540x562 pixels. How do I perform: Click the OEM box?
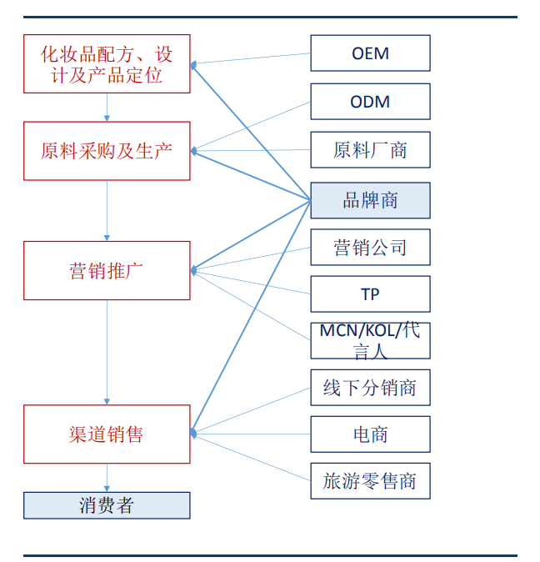[x=370, y=53]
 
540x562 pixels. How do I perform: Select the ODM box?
[x=370, y=102]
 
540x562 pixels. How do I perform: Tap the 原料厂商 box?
[x=370, y=150]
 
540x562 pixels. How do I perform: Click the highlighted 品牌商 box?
[x=370, y=200]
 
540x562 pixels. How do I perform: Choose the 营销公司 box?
[x=370, y=248]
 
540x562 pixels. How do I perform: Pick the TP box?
[x=370, y=294]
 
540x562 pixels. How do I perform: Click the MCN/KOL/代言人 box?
[x=370, y=341]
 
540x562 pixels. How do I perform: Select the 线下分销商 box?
[x=370, y=388]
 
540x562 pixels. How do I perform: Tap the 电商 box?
[x=370, y=434]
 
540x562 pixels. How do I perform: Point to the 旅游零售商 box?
[x=370, y=481]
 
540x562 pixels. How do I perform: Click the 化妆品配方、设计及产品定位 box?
[x=107, y=64]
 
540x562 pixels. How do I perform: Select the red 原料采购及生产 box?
[x=107, y=151]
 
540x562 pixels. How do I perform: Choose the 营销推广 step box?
[x=107, y=270]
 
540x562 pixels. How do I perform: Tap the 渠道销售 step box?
[x=107, y=434]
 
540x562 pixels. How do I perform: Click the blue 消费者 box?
[x=107, y=505]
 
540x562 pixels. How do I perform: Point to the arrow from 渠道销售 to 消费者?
[x=107, y=478]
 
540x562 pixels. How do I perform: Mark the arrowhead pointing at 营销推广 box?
[x=194, y=270]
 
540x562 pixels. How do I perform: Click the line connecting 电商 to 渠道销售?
[x=250, y=434]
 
